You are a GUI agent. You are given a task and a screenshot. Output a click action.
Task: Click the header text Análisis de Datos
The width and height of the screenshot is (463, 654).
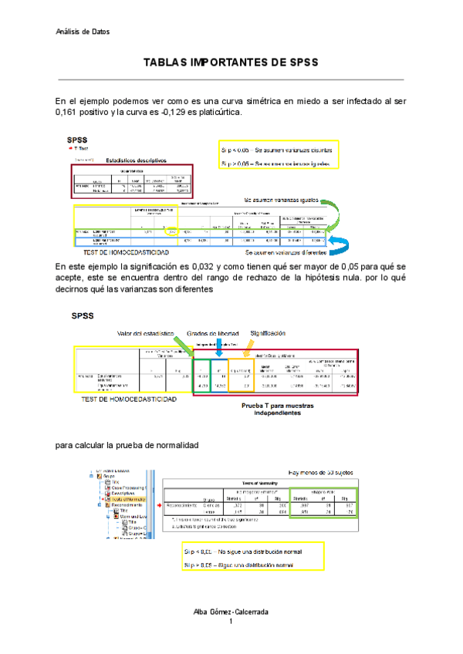(83, 32)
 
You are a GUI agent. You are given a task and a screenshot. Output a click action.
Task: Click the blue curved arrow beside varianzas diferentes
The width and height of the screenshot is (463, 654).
(336, 244)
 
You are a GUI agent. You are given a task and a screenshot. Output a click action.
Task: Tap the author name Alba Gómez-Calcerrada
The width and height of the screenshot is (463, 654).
(231, 611)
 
